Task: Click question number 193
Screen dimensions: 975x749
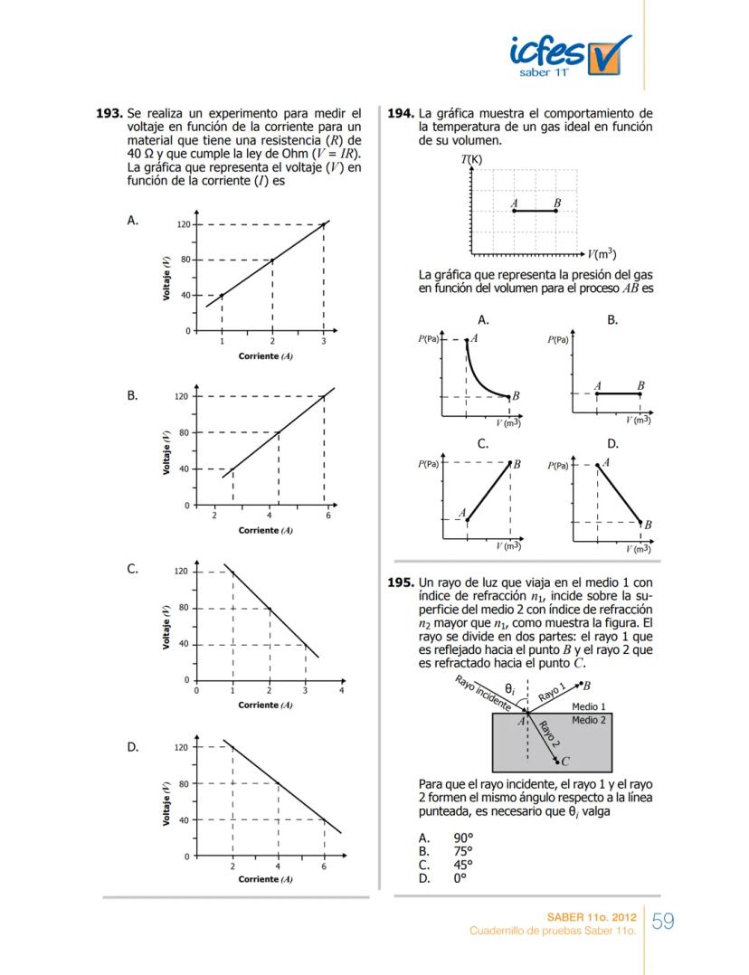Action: tap(109, 114)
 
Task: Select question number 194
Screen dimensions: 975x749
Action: tap(400, 114)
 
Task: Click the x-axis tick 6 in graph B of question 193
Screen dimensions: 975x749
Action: tap(328, 516)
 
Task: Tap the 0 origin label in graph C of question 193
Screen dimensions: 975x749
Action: tap(197, 690)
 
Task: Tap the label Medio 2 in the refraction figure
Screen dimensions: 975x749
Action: tap(589, 720)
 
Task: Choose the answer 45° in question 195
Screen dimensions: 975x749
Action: tap(463, 864)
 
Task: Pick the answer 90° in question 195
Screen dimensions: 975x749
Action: tap(463, 838)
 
